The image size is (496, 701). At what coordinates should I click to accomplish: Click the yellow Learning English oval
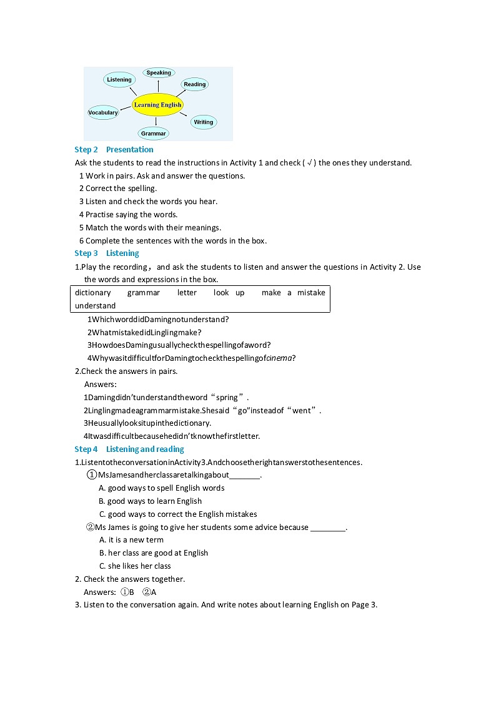click(157, 105)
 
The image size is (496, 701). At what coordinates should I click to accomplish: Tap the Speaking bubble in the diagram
click(159, 73)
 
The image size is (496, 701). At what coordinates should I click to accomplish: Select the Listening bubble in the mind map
click(119, 80)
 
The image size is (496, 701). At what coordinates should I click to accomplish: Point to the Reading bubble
click(194, 84)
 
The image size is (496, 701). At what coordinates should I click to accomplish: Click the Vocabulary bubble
click(103, 113)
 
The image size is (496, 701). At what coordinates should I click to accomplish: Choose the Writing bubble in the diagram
click(203, 122)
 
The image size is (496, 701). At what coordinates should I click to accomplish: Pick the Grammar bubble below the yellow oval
click(154, 134)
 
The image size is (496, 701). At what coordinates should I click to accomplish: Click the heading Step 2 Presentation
click(114, 150)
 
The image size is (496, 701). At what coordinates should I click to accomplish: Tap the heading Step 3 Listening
click(107, 253)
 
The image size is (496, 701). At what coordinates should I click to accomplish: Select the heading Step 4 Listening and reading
click(129, 449)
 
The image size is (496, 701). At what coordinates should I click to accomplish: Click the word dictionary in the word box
click(92, 293)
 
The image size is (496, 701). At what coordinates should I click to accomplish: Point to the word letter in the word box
click(187, 293)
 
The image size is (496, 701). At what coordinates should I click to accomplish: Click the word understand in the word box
click(95, 306)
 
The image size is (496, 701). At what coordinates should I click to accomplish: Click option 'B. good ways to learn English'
click(150, 501)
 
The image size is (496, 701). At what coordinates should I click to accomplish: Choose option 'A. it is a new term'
click(131, 540)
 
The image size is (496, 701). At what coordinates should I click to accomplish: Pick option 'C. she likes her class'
click(135, 566)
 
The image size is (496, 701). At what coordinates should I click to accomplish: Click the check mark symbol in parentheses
click(309, 163)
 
